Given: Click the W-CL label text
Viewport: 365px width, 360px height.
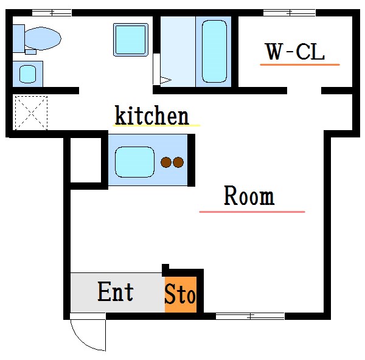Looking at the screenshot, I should click(x=294, y=52).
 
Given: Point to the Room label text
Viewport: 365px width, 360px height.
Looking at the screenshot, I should click(x=249, y=196).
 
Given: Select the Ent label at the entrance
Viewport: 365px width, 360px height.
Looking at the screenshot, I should click(x=116, y=292).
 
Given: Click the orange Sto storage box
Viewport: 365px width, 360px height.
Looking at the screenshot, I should click(x=181, y=296).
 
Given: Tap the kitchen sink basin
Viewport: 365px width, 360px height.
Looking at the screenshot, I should click(x=134, y=161).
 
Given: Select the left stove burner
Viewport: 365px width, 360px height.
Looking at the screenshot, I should click(x=166, y=162).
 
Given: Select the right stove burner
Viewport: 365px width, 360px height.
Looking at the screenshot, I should click(x=178, y=162).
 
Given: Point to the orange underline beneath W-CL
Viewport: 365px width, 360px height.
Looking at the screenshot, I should click(x=300, y=64).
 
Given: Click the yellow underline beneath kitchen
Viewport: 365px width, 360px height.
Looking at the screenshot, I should click(x=156, y=125).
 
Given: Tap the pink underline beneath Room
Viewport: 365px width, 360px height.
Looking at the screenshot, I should click(x=252, y=212).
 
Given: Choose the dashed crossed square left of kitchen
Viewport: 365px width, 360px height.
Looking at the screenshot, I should click(x=30, y=112).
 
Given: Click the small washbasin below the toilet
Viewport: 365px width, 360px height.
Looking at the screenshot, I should click(x=27, y=74).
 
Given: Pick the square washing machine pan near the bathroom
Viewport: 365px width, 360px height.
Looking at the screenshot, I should click(x=131, y=40).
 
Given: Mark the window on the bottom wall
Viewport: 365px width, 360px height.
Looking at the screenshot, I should click(x=250, y=316).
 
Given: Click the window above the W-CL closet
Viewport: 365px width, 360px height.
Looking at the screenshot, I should click(x=290, y=12).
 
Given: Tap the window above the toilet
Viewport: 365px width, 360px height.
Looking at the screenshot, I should click(x=51, y=12).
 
